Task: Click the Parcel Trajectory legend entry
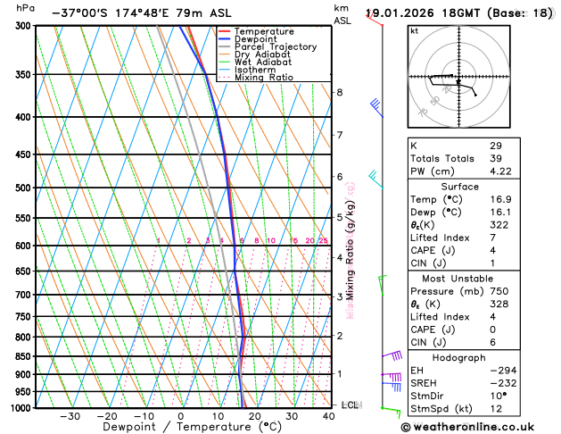275,46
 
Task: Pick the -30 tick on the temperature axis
70,416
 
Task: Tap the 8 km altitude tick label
339,93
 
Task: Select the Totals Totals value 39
495,158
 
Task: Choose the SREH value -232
502,383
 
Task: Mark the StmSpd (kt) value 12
495,410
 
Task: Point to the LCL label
350,405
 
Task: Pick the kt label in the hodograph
414,31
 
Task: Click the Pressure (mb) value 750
499,291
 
